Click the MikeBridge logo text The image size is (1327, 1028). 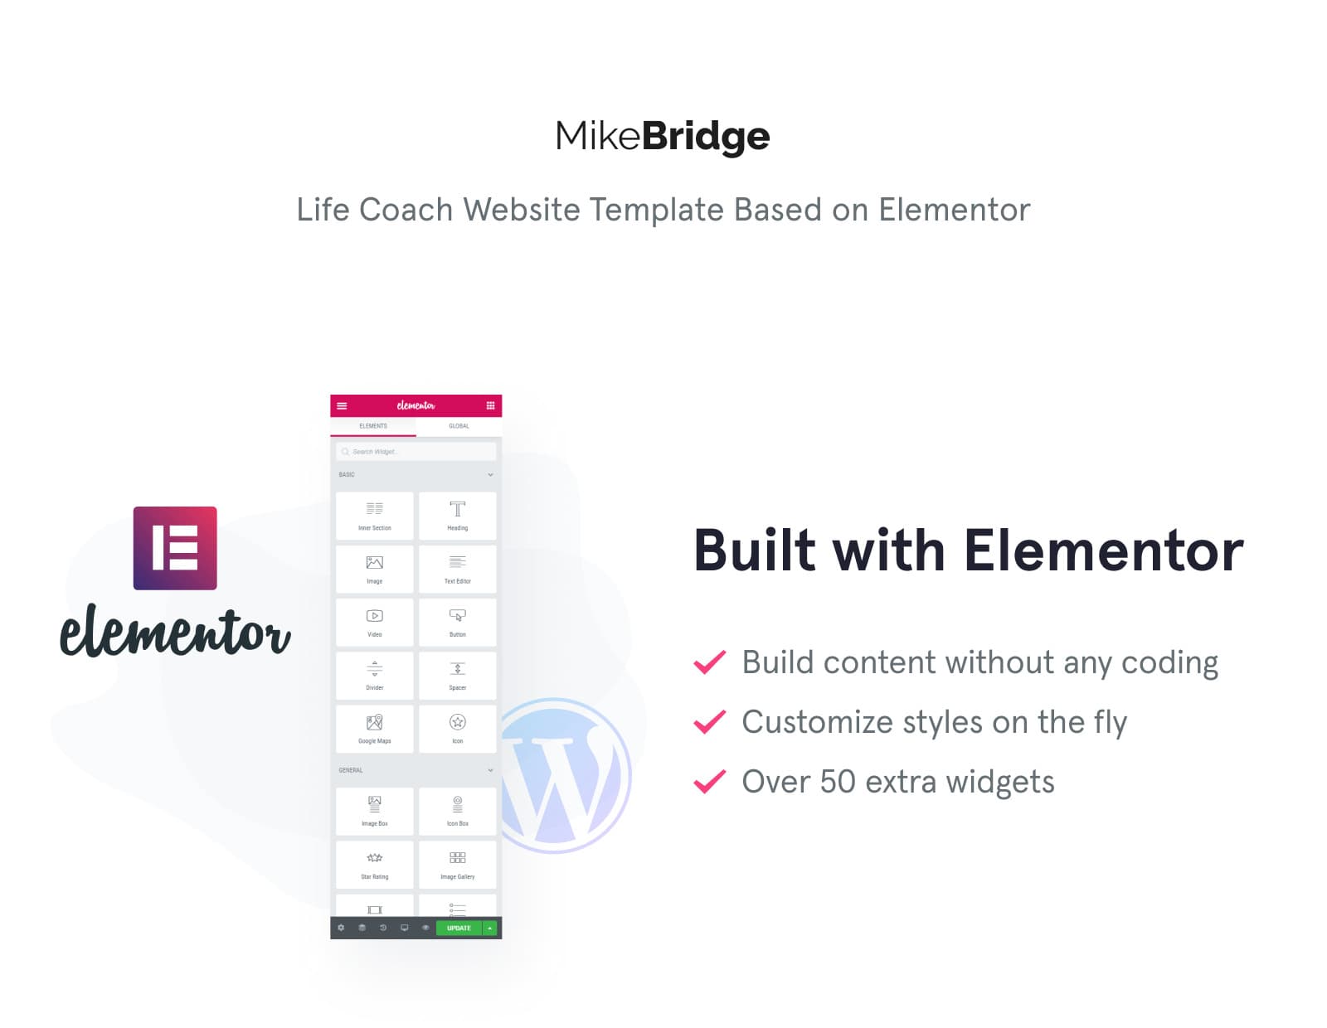pos(663,136)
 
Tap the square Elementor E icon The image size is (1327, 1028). pos(175,548)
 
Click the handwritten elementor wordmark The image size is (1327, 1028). pos(175,632)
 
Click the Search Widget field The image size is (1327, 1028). pos(416,452)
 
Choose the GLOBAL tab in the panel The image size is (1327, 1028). pos(459,426)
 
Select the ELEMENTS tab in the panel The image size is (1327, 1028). pos(373,426)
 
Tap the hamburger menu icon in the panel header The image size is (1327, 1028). pos(342,405)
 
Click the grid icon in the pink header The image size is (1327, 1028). pos(490,405)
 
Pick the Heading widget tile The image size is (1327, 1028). pos(458,516)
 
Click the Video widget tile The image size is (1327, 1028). pos(375,622)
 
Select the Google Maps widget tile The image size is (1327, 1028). pos(375,729)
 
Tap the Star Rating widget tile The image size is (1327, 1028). pos(375,864)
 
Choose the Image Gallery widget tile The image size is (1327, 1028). pos(458,864)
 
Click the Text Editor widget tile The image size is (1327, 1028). pos(458,569)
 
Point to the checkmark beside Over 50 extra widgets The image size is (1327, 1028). pos(710,782)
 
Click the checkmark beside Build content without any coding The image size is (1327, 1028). pos(710,662)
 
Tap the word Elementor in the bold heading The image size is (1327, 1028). pos(1103,551)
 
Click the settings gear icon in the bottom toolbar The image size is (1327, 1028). pos(341,928)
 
